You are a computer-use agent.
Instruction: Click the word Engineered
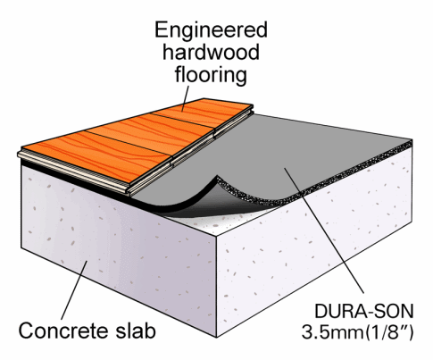coord(211,31)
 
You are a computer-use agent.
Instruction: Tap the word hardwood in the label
coord(211,52)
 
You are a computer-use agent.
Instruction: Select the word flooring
coord(211,74)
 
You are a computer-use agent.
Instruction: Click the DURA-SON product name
coord(364,312)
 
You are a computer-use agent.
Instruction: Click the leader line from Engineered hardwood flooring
coord(186,98)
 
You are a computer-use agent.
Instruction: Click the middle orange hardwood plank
coord(150,133)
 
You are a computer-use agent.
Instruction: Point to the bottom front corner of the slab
coord(217,337)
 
